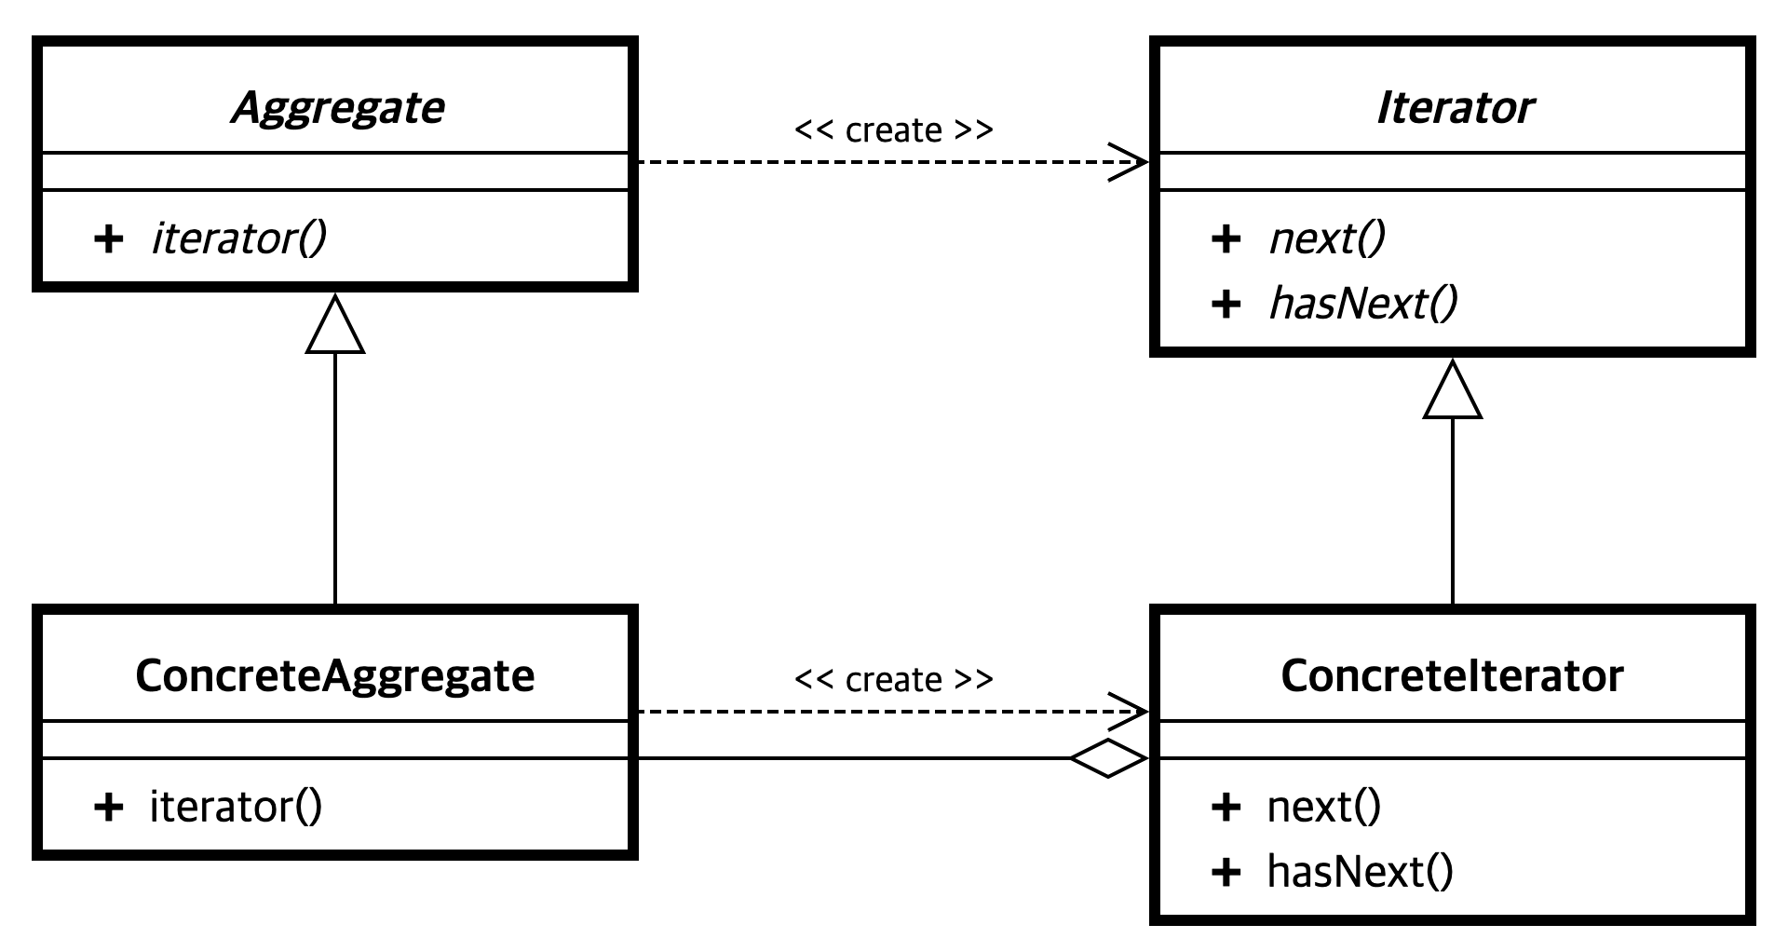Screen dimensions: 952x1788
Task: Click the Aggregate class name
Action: coord(337,108)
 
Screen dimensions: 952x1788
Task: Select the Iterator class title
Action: coord(1454,108)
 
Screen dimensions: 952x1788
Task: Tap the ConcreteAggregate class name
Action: coord(335,676)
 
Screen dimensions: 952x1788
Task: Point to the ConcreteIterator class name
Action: coord(1452,676)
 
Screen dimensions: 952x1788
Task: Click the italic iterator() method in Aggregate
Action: coord(238,238)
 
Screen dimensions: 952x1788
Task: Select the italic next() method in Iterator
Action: coord(1327,238)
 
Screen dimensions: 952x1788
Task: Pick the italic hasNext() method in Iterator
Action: coord(1363,304)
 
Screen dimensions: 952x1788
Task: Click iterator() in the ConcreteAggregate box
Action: coord(236,807)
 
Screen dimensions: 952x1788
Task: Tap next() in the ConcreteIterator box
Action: coord(1324,807)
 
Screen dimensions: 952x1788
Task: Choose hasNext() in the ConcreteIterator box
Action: coord(1360,872)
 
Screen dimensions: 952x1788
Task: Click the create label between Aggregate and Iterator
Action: coord(893,130)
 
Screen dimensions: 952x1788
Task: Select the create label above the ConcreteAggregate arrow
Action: coord(893,680)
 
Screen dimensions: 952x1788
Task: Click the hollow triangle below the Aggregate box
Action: coord(335,327)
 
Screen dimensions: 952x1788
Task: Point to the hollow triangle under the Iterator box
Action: coord(1452,392)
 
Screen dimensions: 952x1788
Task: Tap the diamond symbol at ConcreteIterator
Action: coord(1108,758)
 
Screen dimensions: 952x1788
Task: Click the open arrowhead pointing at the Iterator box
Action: coord(1130,162)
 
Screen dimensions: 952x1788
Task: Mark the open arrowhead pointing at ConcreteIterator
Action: coord(1130,712)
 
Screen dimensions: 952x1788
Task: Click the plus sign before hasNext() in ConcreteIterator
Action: coord(1226,872)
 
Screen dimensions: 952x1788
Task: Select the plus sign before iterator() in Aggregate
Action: coord(108,238)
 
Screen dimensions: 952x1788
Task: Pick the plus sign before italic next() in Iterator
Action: coord(1226,238)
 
